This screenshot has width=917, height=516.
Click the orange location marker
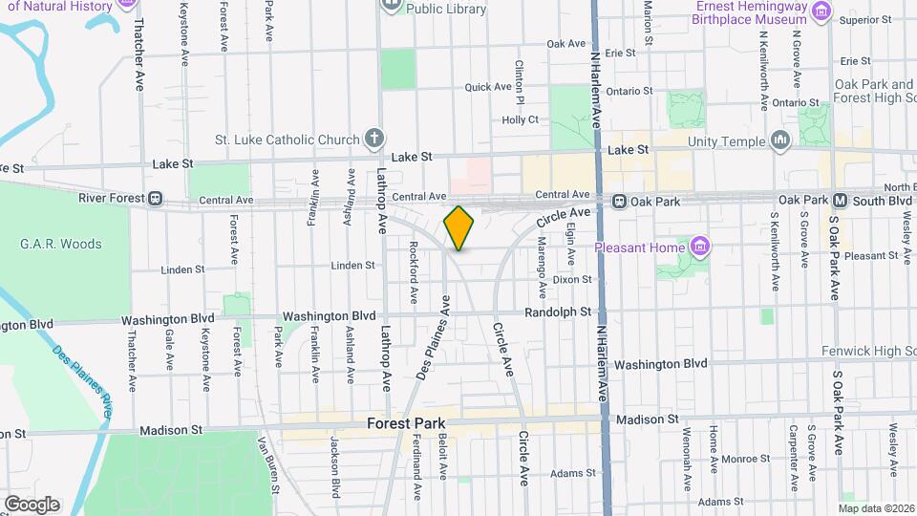(x=458, y=227)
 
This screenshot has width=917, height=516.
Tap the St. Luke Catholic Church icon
(x=373, y=139)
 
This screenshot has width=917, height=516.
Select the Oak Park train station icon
(x=619, y=202)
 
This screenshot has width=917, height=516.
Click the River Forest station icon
(x=154, y=199)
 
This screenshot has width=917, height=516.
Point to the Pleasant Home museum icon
(x=699, y=247)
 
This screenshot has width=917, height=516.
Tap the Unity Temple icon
(x=780, y=141)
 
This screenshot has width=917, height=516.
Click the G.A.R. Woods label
(x=60, y=244)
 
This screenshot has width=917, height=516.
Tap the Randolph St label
(x=559, y=312)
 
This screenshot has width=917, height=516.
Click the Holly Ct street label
(x=521, y=120)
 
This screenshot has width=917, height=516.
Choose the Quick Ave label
(x=489, y=87)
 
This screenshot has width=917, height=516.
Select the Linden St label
(x=352, y=265)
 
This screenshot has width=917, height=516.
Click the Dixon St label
(x=572, y=279)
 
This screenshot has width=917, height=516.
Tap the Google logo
(x=32, y=504)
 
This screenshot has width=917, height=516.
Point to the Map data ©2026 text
(x=875, y=507)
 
